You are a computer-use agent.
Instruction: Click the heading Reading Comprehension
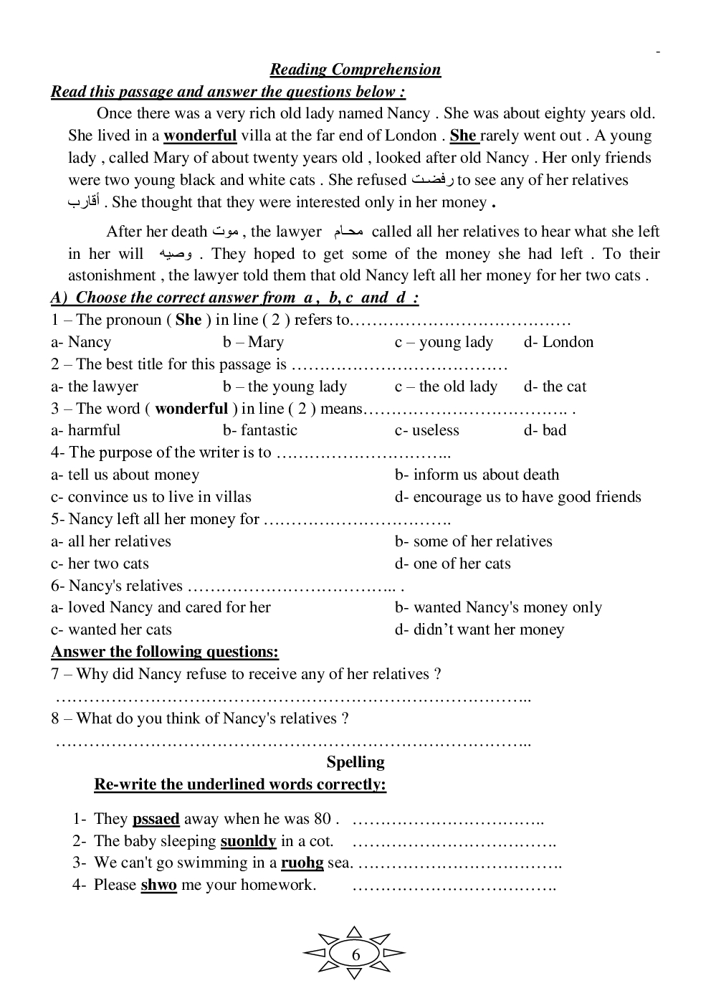355,70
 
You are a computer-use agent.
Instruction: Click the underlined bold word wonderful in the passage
200,136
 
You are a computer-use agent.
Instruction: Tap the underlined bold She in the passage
463,136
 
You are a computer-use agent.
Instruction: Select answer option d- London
558,342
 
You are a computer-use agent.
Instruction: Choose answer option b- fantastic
259,430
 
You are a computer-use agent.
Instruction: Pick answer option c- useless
426,430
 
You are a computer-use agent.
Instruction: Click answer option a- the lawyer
94,386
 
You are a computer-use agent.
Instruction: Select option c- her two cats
100,564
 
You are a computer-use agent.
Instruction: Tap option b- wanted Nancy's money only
498,608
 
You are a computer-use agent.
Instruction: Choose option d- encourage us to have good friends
517,497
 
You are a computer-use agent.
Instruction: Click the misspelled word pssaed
156,819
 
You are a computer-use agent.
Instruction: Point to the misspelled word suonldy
248,841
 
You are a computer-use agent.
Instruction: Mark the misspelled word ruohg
302,863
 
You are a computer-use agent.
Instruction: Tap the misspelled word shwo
158,885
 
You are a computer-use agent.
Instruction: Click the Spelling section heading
355,762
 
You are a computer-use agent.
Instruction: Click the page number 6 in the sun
355,954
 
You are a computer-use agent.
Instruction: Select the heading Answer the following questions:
165,652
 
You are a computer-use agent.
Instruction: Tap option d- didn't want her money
479,630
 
